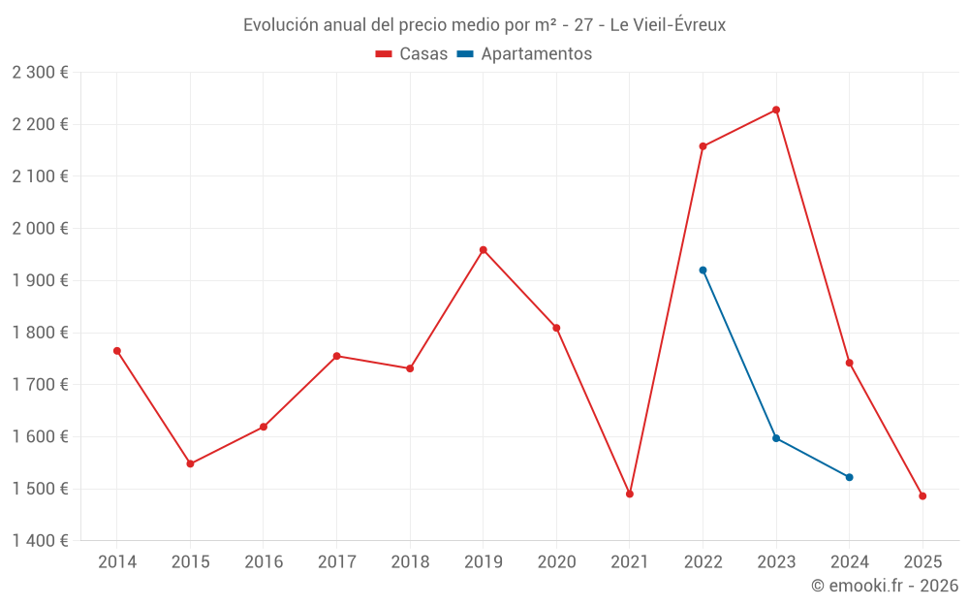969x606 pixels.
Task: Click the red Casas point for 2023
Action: point(776,110)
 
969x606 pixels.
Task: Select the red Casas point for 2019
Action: point(484,250)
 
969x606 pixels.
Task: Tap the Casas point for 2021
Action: point(630,494)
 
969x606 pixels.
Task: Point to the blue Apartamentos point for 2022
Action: point(703,271)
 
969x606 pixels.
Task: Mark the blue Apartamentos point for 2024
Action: point(850,477)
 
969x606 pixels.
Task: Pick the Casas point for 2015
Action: point(190,463)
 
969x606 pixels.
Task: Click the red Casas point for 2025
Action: point(922,496)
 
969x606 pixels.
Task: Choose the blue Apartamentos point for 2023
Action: point(776,438)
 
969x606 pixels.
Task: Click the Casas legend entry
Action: point(412,54)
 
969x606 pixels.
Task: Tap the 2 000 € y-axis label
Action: point(40,229)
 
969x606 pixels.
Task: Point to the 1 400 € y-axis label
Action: point(40,541)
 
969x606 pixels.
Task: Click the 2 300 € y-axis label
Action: point(40,73)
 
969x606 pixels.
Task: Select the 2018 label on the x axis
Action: point(410,562)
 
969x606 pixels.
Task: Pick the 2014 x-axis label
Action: point(117,562)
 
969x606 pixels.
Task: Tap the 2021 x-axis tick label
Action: point(630,562)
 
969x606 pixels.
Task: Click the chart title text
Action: point(484,25)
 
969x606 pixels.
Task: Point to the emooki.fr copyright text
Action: point(884,586)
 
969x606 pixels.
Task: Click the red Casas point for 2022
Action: point(703,146)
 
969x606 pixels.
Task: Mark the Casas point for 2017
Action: point(336,356)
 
